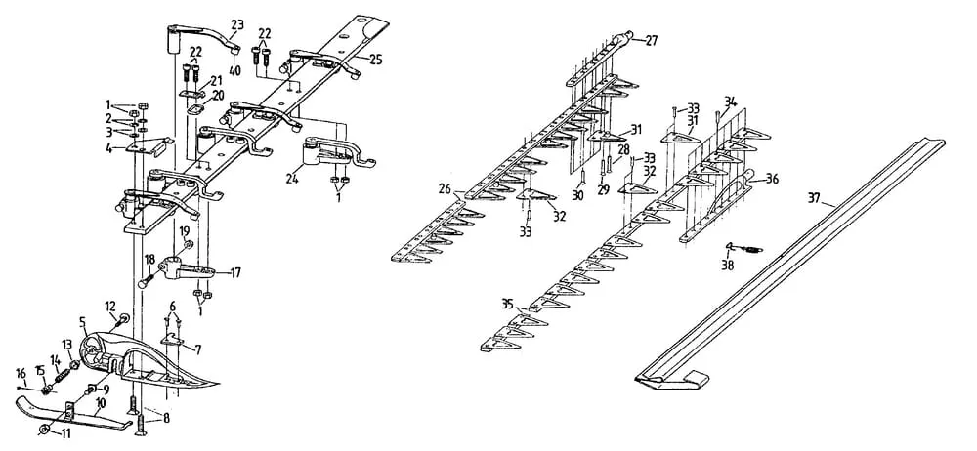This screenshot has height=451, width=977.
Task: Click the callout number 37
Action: tap(815, 198)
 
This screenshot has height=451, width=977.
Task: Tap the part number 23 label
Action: tap(237, 23)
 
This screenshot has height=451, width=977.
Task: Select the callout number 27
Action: tap(651, 40)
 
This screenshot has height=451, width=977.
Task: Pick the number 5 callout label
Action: tap(82, 320)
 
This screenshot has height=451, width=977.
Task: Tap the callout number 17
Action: tap(235, 272)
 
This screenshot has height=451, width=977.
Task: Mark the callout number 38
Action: tap(726, 264)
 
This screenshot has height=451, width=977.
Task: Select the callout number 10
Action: tap(101, 402)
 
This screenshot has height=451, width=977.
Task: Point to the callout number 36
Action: tap(772, 179)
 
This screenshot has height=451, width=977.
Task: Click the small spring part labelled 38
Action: tap(748, 249)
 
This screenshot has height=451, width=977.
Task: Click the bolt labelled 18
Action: tap(144, 280)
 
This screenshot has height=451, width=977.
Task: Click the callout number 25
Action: tap(375, 60)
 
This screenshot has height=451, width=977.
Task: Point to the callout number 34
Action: tap(730, 101)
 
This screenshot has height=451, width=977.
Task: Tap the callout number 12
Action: tap(110, 305)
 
